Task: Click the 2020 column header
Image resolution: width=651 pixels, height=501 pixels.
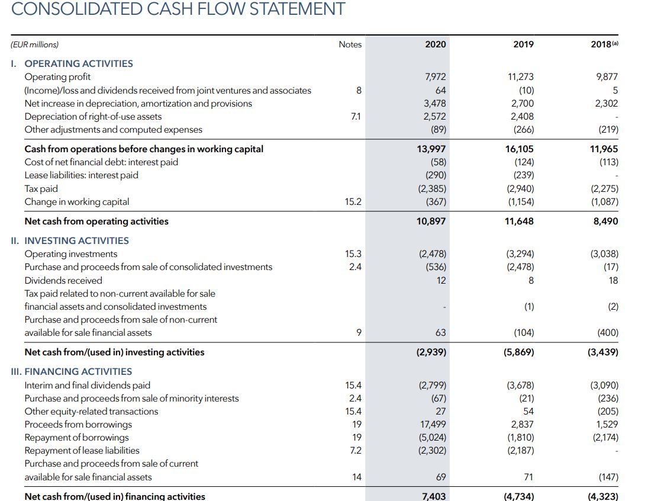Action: (435, 44)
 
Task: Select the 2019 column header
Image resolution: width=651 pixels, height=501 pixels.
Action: (523, 44)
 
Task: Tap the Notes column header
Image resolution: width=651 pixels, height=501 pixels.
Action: (350, 44)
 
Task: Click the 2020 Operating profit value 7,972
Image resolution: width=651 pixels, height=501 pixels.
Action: (435, 77)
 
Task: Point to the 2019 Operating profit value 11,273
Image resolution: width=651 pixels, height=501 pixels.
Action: (521, 77)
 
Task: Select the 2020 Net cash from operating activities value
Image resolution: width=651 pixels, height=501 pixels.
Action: (431, 221)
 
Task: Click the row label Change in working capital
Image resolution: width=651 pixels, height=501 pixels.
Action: (77, 202)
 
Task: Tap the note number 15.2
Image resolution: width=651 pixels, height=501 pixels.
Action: (353, 202)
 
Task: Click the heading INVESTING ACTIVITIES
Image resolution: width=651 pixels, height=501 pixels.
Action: (76, 241)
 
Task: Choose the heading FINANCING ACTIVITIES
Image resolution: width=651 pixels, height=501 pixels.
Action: (78, 372)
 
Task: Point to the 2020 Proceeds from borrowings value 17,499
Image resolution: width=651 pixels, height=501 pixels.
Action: (434, 425)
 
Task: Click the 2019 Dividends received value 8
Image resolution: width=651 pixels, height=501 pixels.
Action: (531, 281)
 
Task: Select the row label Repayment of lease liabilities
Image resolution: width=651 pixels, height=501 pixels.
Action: (82, 451)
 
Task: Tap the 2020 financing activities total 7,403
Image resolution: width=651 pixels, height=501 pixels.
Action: (434, 496)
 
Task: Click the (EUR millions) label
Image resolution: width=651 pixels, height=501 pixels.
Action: (34, 44)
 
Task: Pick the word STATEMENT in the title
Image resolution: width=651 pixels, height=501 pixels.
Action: (297, 9)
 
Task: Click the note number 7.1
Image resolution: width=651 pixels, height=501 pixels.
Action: (356, 117)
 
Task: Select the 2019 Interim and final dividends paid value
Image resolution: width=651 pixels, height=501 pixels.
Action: (520, 386)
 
